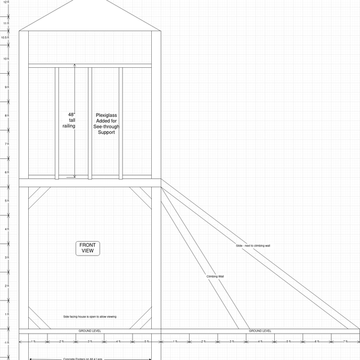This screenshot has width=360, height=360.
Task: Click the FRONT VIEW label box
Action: click(88, 248)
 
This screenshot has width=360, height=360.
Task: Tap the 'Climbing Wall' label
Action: click(215, 276)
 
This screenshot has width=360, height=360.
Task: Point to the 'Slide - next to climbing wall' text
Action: click(253, 246)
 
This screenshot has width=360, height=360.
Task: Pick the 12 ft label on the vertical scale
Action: click(5, 2)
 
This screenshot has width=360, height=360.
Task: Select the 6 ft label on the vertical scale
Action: click(5, 172)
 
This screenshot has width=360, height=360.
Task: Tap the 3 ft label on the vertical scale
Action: click(5, 257)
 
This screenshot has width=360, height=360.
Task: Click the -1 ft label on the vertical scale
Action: click(5, 343)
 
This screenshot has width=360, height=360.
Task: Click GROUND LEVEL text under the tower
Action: click(90, 331)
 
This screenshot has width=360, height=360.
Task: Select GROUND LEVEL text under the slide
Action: click(260, 331)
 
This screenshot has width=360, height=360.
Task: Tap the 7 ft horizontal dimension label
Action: click(345, 341)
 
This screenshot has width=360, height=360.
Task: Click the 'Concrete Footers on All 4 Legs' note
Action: click(90, 359)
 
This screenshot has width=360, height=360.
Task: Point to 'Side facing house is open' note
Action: click(90, 316)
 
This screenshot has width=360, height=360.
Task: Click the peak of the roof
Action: click(90, 1)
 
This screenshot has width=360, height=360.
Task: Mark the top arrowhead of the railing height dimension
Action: click(75, 65)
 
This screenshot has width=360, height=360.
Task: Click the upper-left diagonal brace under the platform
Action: click(40, 198)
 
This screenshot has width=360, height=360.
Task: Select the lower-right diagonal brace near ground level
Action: click(140, 319)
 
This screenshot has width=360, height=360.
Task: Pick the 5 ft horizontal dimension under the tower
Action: click(146, 341)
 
